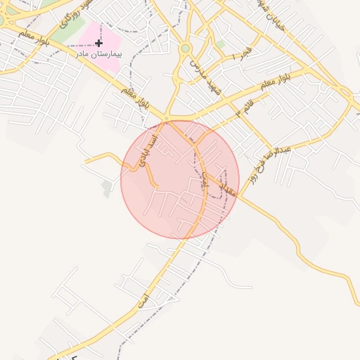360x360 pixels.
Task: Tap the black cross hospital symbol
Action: [x=98, y=43]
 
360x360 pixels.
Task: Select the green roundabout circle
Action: [x=185, y=48]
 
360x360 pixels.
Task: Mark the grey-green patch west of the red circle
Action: [x=106, y=188]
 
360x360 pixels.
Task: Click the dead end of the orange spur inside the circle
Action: [x=157, y=187]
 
